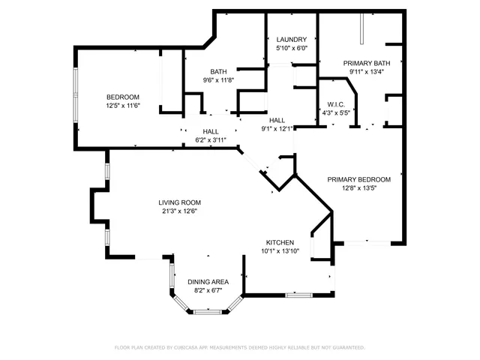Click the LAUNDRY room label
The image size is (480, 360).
290,40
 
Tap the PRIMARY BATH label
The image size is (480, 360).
364,63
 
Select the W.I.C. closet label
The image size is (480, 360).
335,104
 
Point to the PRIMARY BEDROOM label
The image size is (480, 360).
358,179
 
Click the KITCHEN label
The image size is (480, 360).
279,242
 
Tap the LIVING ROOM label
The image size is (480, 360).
180,202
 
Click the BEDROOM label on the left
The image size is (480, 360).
123,97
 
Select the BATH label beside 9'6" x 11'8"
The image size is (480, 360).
218,71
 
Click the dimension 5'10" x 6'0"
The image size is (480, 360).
290,49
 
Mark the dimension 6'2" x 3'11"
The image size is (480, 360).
210,139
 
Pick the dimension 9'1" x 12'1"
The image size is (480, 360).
277,128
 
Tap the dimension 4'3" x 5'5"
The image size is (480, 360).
335,113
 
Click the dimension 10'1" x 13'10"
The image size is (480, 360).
279,251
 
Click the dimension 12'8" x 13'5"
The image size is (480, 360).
358,188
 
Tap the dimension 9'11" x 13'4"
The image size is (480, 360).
364,72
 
